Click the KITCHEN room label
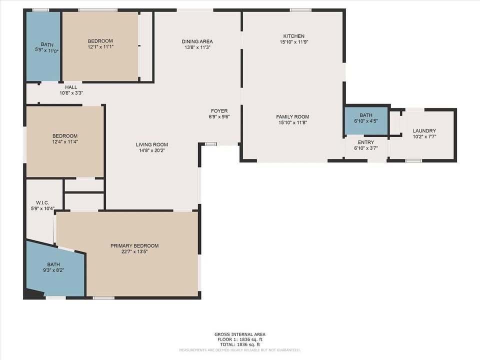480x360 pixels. tap(293, 36)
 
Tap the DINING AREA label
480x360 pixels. tap(197, 41)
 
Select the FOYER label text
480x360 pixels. tap(219, 111)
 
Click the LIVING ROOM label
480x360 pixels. tap(152, 145)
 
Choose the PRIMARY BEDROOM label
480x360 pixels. tap(134, 246)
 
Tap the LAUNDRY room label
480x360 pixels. tap(424, 131)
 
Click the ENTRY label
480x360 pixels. tap(365, 142)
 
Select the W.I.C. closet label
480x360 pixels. tap(42, 202)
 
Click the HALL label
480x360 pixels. tap(71, 87)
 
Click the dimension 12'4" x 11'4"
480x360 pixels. tap(65, 141)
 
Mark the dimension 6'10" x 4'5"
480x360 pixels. tap(365, 120)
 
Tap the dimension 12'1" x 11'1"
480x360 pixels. tap(100, 46)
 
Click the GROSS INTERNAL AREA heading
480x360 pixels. tap(240, 334)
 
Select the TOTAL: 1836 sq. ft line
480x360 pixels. tap(240, 345)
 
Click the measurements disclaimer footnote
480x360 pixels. tap(240, 350)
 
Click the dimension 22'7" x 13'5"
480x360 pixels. tap(134, 251)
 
